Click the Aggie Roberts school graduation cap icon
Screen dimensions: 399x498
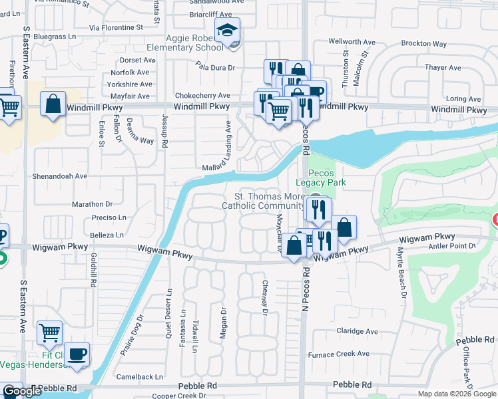226,30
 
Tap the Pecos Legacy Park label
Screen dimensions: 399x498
324,176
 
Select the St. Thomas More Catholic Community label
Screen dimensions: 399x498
270,201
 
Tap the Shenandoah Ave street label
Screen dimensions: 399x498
61,176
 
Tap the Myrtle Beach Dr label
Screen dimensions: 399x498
401,275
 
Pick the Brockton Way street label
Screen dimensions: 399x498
423,44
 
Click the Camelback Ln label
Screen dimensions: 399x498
140,376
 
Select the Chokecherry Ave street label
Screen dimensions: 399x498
202,96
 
